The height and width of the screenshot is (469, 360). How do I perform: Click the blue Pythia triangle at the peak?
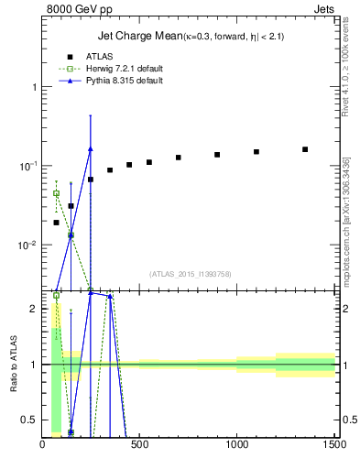coord(90,148)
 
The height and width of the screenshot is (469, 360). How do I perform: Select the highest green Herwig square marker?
coord(56,193)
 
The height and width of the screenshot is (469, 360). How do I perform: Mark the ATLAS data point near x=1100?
coord(256,152)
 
